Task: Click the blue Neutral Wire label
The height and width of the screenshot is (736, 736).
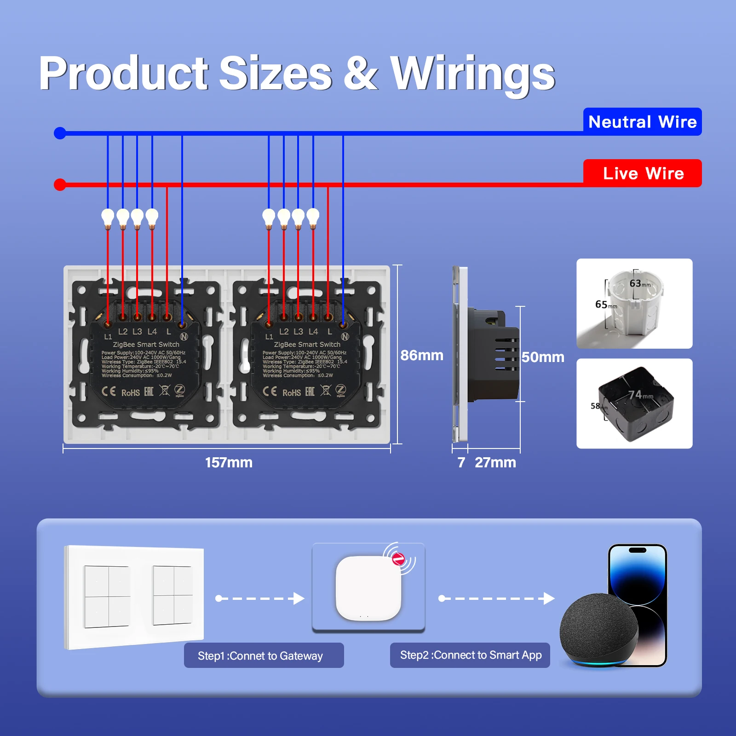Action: (642, 122)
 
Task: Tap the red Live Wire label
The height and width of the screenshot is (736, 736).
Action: (642, 173)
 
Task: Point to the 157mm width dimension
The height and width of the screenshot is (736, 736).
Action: (229, 462)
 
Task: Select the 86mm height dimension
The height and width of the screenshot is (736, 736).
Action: (421, 355)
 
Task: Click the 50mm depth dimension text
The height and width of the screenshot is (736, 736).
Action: (543, 357)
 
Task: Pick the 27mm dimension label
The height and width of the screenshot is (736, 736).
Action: (495, 462)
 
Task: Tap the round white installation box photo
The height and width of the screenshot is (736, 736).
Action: (634, 303)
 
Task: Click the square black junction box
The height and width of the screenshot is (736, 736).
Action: (635, 404)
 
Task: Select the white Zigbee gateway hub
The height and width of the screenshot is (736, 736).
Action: (368, 588)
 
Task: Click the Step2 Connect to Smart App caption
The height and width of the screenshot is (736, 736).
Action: (470, 655)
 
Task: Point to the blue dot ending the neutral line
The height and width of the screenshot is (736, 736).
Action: (60, 133)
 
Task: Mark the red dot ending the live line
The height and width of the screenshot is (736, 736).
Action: (60, 184)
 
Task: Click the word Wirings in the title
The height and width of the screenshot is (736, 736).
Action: (472, 74)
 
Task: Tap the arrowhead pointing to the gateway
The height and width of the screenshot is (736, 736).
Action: (299, 598)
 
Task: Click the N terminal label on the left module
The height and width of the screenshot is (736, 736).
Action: (184, 337)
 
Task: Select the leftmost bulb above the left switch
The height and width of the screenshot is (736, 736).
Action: (108, 217)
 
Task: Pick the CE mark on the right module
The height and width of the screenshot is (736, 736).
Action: (270, 391)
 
